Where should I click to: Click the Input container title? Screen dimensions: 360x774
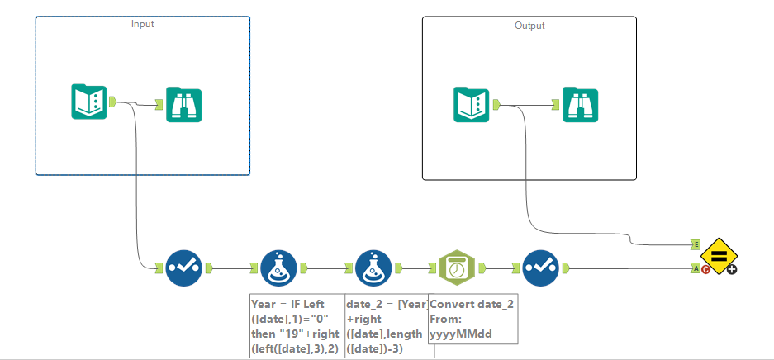click(142, 24)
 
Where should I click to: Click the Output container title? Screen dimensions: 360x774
click(529, 26)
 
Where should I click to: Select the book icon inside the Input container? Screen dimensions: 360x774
click(88, 102)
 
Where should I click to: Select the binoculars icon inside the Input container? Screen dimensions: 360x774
click(184, 105)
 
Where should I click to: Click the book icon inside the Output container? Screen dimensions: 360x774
click(472, 105)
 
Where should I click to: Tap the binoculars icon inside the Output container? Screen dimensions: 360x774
click(581, 105)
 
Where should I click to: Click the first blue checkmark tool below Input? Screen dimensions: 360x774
click(183, 268)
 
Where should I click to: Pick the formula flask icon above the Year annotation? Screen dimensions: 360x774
click(278, 268)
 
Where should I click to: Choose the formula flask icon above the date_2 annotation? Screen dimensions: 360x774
click(373, 268)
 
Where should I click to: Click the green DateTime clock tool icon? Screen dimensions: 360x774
click(455, 268)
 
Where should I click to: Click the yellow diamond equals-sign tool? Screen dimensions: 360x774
click(718, 257)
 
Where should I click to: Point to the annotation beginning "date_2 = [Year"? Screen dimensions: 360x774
click(386, 326)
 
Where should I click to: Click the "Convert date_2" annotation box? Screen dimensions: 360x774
click(472, 318)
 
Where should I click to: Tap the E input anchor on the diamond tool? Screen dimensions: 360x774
click(696, 244)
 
